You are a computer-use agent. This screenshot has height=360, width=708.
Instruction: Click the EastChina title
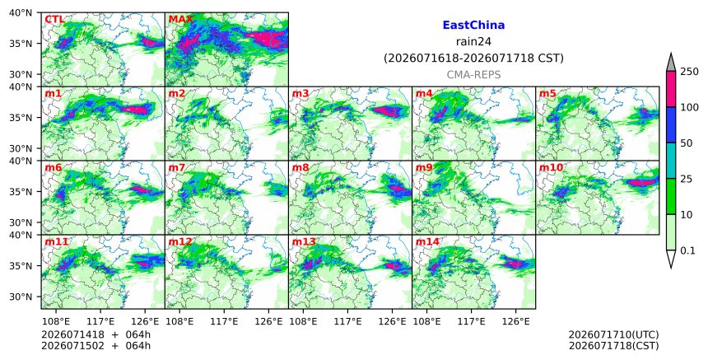473,26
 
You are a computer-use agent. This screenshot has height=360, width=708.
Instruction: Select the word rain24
473,41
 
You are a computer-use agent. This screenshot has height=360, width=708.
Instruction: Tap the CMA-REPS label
473,75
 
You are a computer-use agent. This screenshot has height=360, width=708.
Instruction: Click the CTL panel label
54,20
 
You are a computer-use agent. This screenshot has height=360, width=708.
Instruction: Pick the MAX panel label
180,20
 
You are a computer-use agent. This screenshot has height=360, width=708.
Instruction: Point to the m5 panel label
547,93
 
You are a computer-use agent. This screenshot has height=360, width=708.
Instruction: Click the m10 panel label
551,167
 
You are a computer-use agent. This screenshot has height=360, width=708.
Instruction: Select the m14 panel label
427,241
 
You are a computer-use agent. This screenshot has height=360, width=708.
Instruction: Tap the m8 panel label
300,167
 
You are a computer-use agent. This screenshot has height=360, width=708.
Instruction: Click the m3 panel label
300,93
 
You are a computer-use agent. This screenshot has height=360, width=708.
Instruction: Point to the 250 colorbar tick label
689,72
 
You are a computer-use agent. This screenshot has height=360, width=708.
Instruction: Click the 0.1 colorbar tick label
687,250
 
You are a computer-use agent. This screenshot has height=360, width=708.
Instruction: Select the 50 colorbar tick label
686,143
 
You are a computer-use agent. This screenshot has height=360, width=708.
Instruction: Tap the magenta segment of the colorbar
671,89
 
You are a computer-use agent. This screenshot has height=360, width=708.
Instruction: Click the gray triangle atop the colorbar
671,63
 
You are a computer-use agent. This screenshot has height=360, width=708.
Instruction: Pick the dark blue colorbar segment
671,125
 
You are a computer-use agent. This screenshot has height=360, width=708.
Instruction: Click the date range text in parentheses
473,58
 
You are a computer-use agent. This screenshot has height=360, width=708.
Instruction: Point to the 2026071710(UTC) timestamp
613,334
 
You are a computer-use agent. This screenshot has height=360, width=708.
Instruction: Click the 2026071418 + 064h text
95,334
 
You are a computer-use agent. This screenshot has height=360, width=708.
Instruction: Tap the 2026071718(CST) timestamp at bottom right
613,346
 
